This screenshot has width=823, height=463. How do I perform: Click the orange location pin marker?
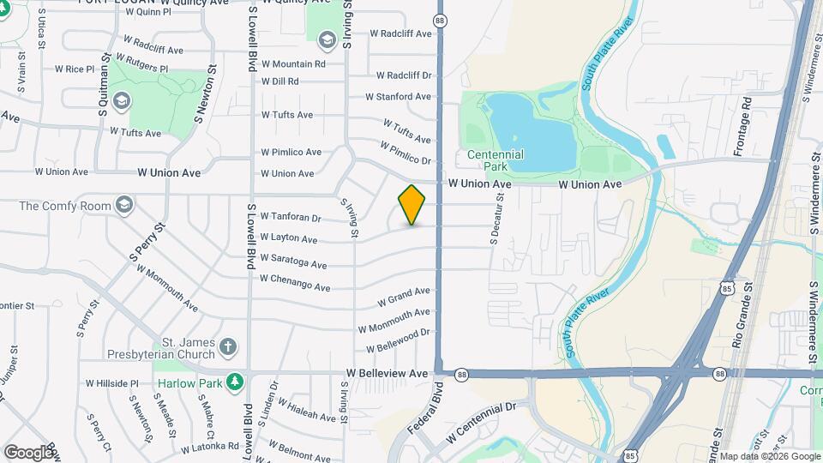(412, 205)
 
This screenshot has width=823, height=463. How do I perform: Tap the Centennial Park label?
(496, 160)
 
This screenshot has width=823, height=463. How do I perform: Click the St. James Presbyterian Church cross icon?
(227, 346)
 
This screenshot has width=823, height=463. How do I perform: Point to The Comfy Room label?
(65, 206)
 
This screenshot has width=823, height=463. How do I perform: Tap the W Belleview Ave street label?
(387, 374)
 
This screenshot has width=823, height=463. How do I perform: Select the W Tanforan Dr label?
(291, 217)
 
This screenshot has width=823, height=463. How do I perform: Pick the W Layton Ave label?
(289, 238)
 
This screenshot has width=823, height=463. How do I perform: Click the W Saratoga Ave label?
(293, 260)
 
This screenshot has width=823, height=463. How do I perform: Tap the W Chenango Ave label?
(295, 282)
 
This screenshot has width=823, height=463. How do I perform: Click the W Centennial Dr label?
(484, 423)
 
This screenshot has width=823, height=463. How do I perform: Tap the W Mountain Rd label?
(293, 63)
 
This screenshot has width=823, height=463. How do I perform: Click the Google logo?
(28, 452)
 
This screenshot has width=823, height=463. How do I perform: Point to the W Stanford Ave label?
(398, 97)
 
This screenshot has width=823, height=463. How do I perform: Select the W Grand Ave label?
(403, 298)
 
